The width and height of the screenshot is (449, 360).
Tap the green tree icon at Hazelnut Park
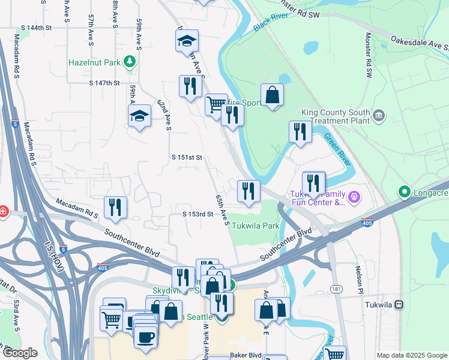pyautogui.click(x=128, y=61)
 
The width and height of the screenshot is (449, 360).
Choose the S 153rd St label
pyautogui.click(x=198, y=214)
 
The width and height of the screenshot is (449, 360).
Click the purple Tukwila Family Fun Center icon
pyautogui.click(x=354, y=196)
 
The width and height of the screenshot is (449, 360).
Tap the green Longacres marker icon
pyautogui.click(x=404, y=193)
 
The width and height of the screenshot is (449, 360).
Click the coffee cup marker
pyautogui.click(x=145, y=337)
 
